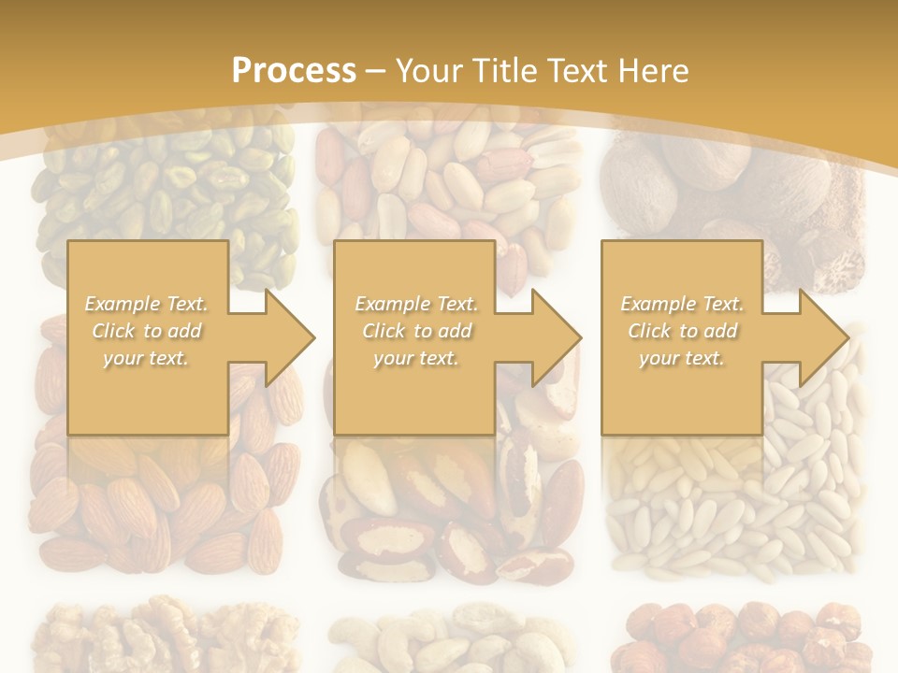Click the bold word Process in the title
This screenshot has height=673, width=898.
[x=293, y=70]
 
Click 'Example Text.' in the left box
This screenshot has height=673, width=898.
[x=147, y=304]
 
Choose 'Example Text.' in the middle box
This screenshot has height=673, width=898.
[x=416, y=304]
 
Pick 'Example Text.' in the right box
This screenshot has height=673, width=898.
[x=682, y=304]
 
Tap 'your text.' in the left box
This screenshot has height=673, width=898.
[x=147, y=358]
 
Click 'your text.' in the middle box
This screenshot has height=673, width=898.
[x=416, y=358]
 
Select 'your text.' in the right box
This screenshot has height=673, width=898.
[x=682, y=358]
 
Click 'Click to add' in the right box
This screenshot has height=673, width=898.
[x=682, y=331]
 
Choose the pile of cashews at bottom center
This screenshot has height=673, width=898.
[x=449, y=640]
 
